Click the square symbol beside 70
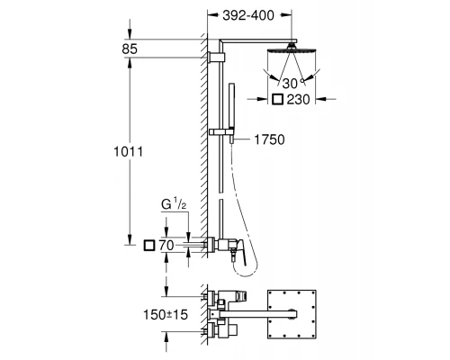tap(148, 244)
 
